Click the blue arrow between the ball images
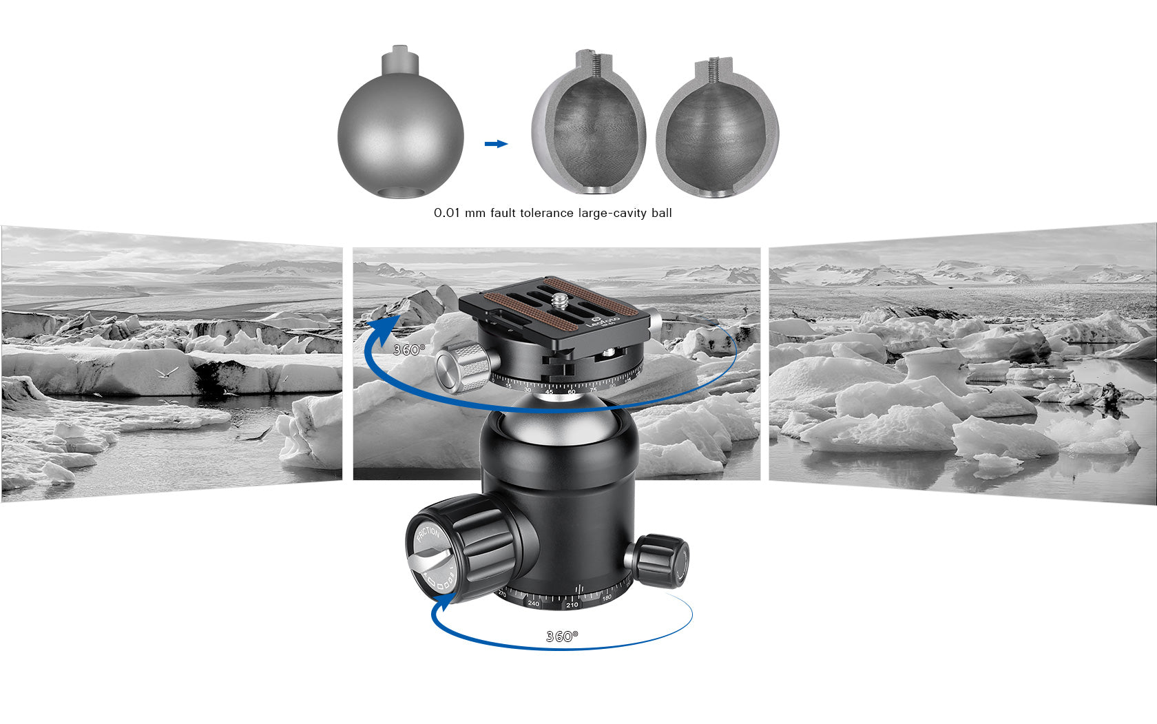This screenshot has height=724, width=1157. coord(496,144)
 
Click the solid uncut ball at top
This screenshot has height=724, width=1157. coord(400,131)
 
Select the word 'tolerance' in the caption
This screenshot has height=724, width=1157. coord(548,214)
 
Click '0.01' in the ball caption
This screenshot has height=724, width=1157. coord(446,214)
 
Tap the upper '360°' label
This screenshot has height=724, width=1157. coord(409,350)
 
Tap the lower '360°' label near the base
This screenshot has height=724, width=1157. coord(562,637)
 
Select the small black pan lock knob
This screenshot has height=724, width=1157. coord(661,559)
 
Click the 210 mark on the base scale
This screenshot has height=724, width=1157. coord(572,605)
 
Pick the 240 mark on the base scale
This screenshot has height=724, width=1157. coord(534,603)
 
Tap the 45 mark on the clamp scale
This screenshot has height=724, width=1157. coord(549,392)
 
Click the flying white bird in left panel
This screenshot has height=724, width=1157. coord(167,373)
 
